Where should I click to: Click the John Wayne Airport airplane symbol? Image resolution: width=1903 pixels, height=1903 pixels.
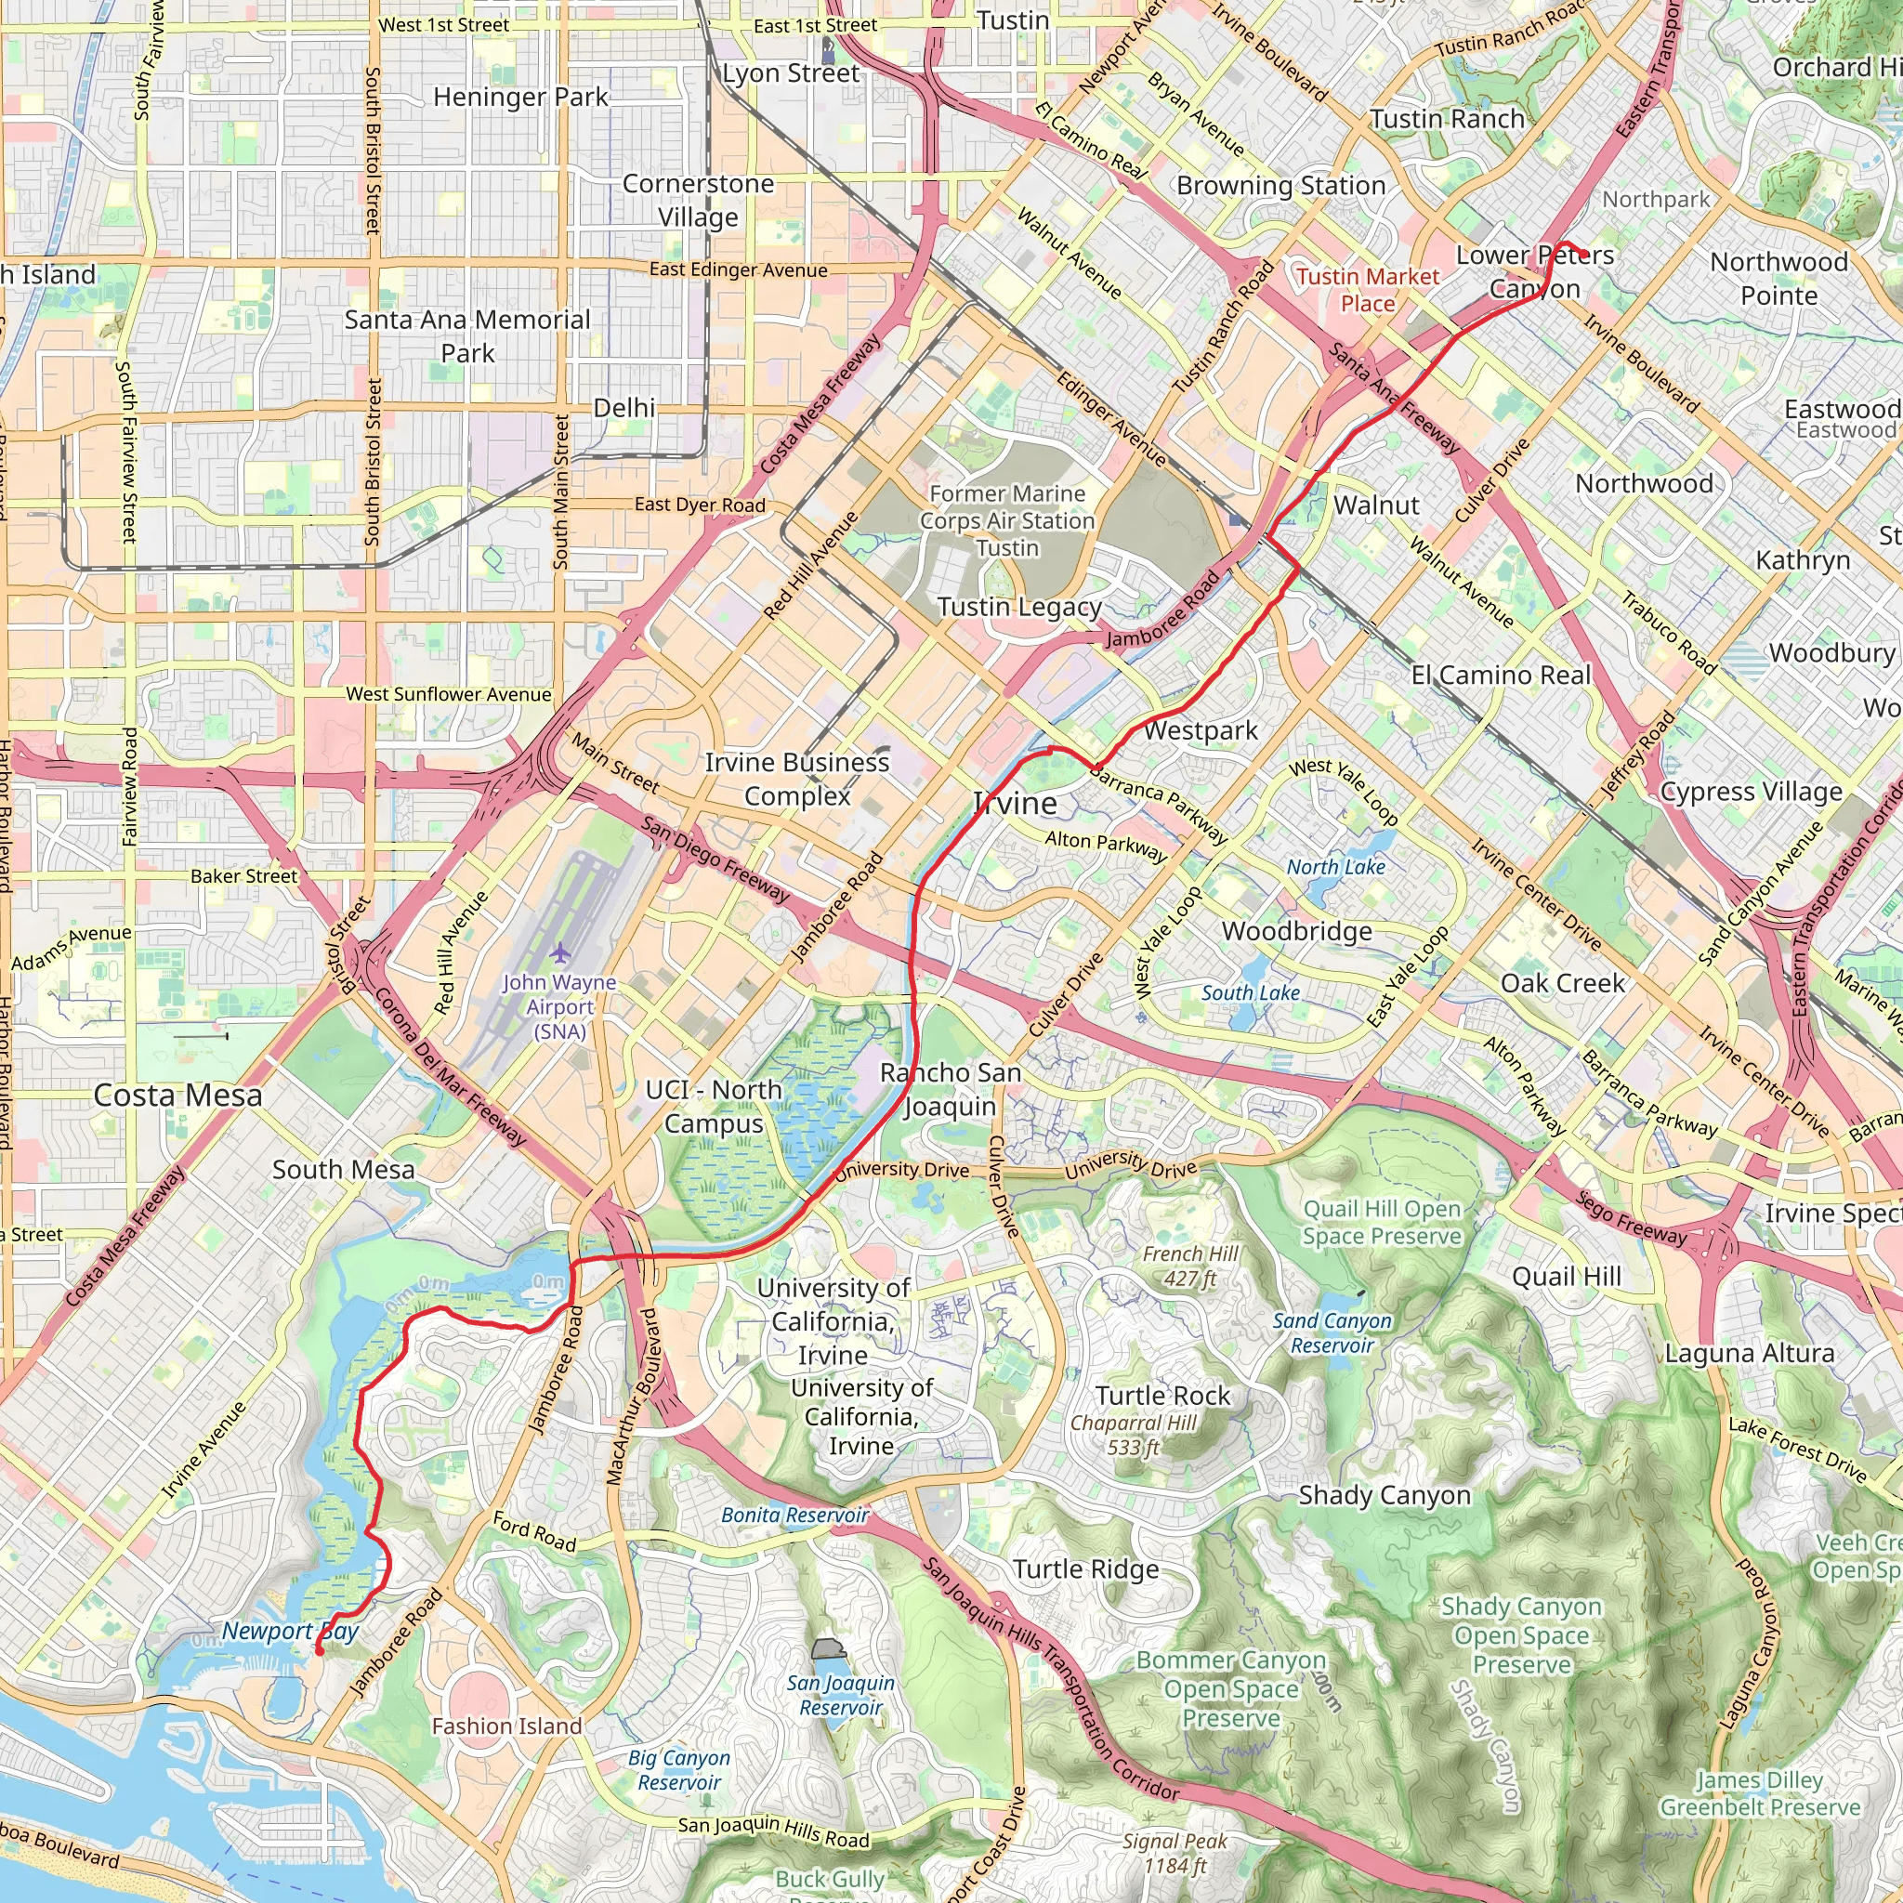tap(560, 952)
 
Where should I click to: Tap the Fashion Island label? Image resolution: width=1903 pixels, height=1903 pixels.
tap(507, 1726)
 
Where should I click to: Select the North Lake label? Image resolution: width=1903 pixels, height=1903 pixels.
tap(1335, 867)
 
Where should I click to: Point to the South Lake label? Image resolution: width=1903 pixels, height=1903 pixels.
tap(1250, 993)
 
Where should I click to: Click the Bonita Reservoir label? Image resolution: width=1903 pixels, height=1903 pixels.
tap(794, 1515)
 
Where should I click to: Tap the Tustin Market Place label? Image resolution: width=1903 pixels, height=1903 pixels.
tap(1367, 290)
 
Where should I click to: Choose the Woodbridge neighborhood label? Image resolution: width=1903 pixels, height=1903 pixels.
tap(1296, 931)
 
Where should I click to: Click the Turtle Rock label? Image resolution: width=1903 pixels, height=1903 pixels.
tap(1162, 1396)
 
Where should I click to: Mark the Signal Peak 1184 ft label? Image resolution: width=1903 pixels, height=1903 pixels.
tap(1175, 1853)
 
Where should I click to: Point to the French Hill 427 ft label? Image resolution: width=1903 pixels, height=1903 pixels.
tap(1190, 1266)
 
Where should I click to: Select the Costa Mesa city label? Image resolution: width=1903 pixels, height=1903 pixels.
tap(177, 1096)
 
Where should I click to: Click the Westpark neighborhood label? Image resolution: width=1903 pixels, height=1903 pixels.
tap(1200, 731)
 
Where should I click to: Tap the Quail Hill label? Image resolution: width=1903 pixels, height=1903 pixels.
tap(1566, 1277)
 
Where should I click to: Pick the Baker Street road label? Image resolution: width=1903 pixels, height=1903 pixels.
tap(243, 875)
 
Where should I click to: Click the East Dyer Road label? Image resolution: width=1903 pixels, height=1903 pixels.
tap(700, 505)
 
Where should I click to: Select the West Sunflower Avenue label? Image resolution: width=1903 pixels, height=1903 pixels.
tap(448, 694)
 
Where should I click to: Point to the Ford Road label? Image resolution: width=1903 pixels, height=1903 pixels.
tap(534, 1531)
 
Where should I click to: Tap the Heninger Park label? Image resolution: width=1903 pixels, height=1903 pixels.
tap(520, 97)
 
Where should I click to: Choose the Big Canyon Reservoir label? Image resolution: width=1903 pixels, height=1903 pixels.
tap(678, 1770)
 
